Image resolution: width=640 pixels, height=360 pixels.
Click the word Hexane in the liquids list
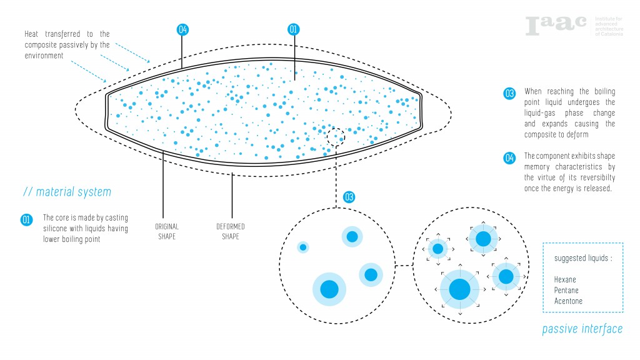[565, 279]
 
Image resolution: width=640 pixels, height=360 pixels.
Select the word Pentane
[566, 291]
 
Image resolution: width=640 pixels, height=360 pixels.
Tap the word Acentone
[568, 301]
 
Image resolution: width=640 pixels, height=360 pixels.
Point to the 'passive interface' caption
[582, 329]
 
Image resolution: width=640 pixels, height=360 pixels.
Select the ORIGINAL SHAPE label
[166, 231]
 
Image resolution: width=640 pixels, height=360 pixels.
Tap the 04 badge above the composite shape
[182, 29]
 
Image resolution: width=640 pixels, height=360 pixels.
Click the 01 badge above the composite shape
[293, 29]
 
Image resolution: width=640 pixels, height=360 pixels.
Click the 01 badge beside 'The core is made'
[26, 219]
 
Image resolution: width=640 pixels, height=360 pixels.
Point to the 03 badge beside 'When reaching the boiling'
[509, 94]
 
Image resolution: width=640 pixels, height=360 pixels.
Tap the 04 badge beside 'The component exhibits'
[509, 158]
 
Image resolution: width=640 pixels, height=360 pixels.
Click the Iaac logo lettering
[556, 25]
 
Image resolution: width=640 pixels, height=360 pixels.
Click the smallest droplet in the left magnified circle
[303, 247]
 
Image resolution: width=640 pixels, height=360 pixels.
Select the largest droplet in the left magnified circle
[329, 289]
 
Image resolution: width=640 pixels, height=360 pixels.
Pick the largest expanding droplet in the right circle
[459, 289]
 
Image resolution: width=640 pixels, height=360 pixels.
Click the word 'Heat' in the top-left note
[33, 34]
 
